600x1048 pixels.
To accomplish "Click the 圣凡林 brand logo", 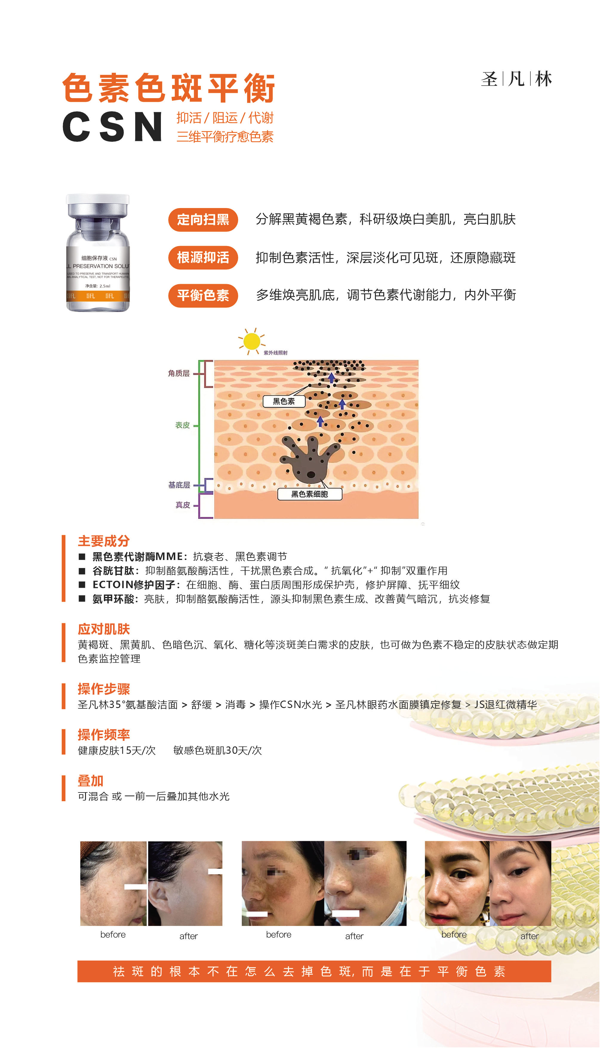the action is (x=516, y=79).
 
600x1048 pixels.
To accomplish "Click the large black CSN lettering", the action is (x=112, y=127).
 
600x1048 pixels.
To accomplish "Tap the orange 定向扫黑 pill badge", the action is (x=203, y=220).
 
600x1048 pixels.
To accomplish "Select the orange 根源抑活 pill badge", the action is (x=203, y=258).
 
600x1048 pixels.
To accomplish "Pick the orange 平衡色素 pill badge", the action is (x=203, y=296).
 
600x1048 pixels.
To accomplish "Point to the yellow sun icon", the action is (x=251, y=341).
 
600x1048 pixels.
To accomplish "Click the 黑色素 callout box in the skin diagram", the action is (x=284, y=401).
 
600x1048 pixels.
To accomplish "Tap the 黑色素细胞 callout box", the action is (x=310, y=494).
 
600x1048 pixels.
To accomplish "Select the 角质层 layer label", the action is (x=179, y=373).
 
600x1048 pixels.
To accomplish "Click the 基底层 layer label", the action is (x=179, y=485).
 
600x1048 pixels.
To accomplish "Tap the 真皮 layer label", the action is (x=183, y=505).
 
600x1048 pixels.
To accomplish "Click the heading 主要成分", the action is (x=104, y=541).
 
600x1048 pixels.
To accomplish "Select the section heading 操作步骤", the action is (x=104, y=689).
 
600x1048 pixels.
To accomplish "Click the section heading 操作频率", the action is (x=104, y=735).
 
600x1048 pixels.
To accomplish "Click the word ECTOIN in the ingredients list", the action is (x=113, y=584).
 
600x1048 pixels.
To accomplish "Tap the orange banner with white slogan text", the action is (x=314, y=971).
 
